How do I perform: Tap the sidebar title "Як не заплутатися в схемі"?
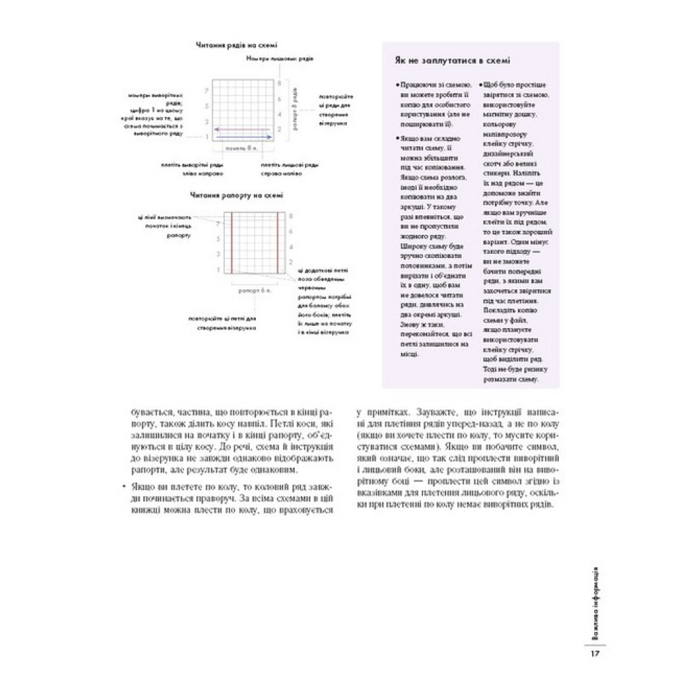(x=453, y=60)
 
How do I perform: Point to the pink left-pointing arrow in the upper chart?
(x=242, y=128)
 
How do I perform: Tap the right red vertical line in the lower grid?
(x=279, y=242)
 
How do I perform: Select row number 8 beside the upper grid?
(x=279, y=82)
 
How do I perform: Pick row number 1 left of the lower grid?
(x=218, y=270)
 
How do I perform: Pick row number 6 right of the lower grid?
(x=291, y=231)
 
